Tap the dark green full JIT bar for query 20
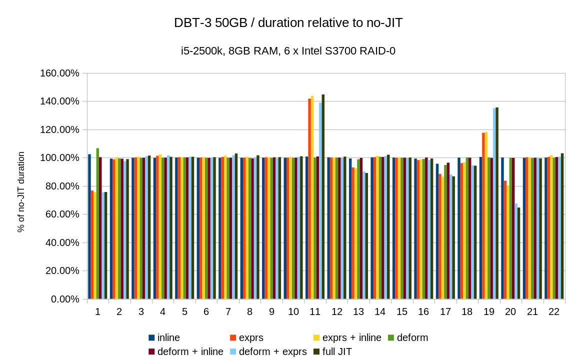click(518, 253)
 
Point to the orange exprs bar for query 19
click(483, 215)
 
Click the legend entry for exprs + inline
click(351, 338)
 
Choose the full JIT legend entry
click(337, 351)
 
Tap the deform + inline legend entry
click(190, 351)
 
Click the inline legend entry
click(168, 338)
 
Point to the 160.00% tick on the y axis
click(59, 73)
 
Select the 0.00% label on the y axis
click(64, 299)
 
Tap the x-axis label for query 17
click(445, 312)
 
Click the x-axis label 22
click(554, 312)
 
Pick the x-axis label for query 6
click(206, 312)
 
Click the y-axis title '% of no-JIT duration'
click(21, 192)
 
